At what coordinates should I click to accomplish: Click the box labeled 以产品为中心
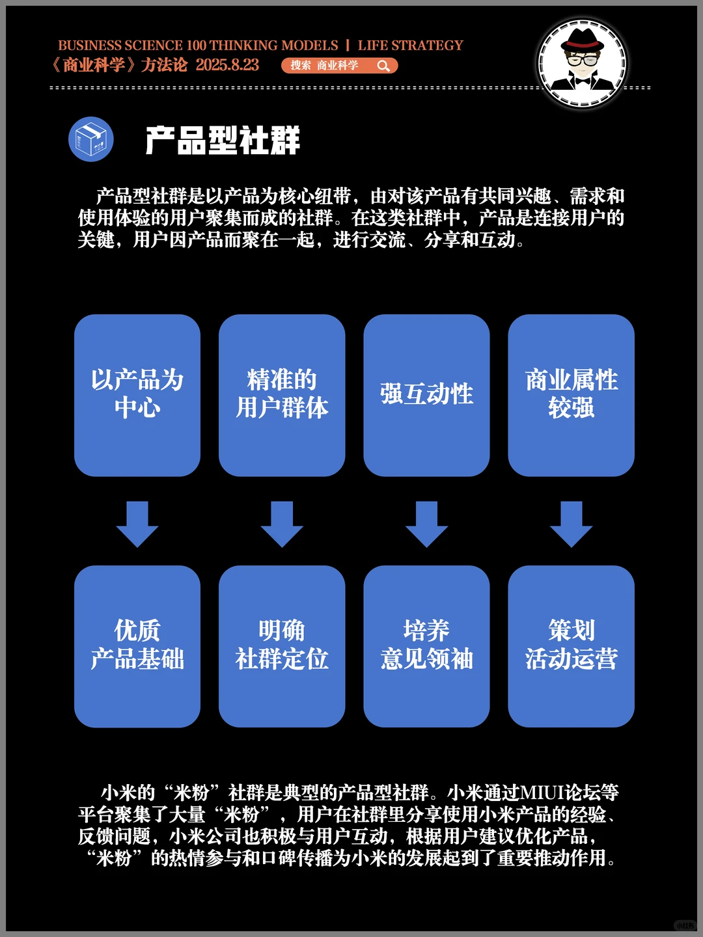pos(137,395)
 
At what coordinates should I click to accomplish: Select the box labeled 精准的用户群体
pos(282,395)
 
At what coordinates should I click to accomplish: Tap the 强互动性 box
pos(426,395)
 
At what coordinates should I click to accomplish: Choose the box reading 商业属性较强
pos(571,395)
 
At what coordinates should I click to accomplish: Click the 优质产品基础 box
pos(137,645)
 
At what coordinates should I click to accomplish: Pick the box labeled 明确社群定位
pos(282,645)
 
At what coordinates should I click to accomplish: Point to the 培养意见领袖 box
pos(426,645)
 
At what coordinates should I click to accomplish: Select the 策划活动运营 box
pos(571,645)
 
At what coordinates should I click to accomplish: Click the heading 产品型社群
pos(223,141)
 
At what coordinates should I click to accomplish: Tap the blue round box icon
pos(91,139)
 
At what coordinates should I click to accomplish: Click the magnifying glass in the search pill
pos(383,66)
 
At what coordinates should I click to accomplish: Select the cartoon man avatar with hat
pos(582,63)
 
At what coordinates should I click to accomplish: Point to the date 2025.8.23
pos(227,65)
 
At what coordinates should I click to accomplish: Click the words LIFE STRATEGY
pos(410,46)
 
